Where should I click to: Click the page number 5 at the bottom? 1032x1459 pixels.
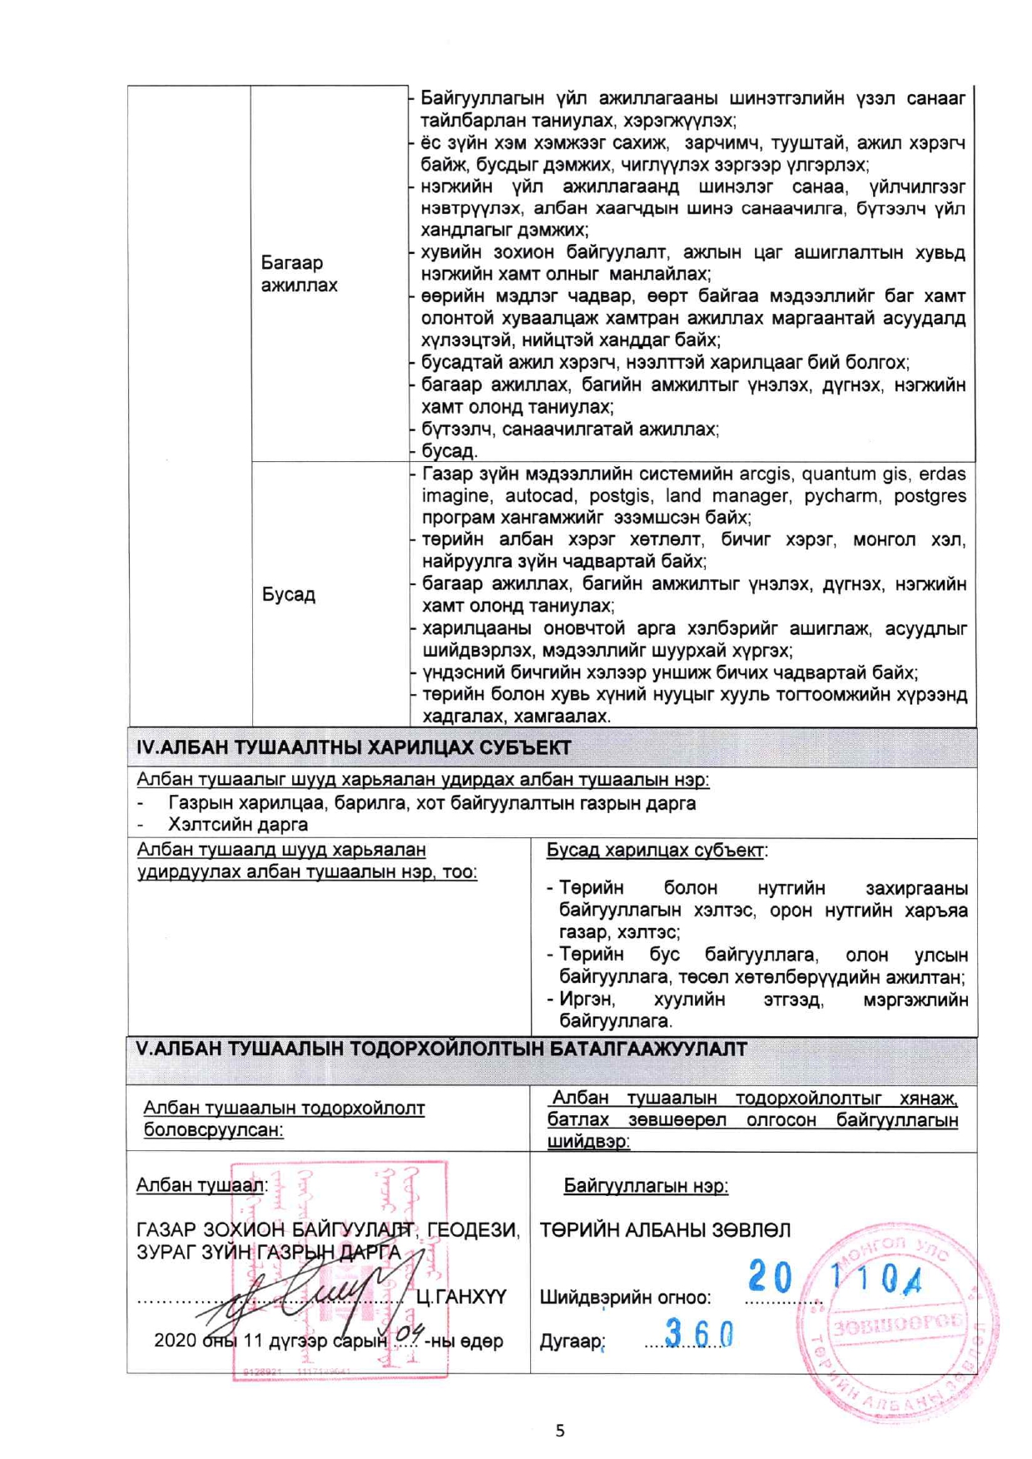pyautogui.click(x=559, y=1430)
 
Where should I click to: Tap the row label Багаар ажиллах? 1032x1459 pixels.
pyautogui.click(x=299, y=274)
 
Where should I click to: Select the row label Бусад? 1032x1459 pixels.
pyautogui.click(x=289, y=595)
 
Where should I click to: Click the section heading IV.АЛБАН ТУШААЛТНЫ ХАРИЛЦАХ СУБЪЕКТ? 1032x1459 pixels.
pyautogui.click(x=354, y=747)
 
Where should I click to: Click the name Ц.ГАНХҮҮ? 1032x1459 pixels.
pyautogui.click(x=460, y=1296)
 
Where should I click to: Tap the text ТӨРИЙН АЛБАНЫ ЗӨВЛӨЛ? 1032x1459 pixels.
pyautogui.click(x=665, y=1229)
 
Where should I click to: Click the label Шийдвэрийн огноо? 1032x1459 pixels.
pyautogui.click(x=625, y=1297)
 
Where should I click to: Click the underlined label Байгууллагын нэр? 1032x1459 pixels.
pyautogui.click(x=646, y=1185)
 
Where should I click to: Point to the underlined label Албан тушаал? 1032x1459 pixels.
pyautogui.click(x=201, y=1185)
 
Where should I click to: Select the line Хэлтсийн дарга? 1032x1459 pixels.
pyautogui.click(x=238, y=825)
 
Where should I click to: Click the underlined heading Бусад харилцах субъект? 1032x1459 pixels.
pyautogui.click(x=655, y=851)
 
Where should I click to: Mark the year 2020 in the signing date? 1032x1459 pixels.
pyautogui.click(x=175, y=1341)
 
